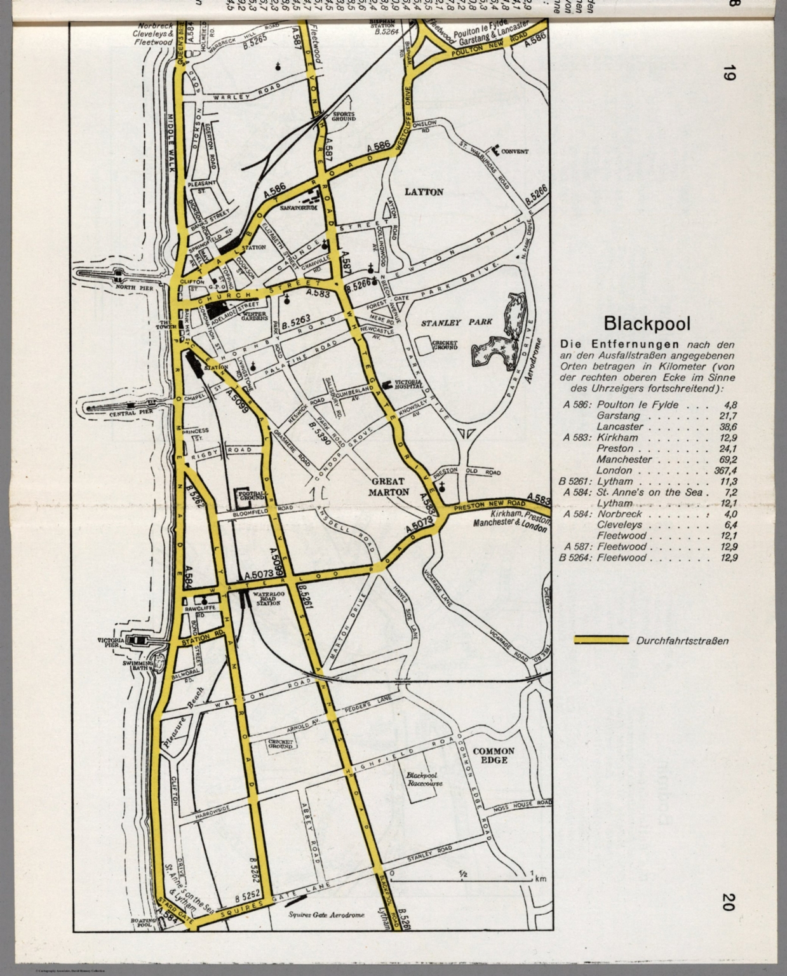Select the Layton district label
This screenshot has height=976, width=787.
(x=424, y=191)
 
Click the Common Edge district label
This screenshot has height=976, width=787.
(x=494, y=755)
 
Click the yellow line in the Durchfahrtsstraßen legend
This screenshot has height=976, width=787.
(x=600, y=640)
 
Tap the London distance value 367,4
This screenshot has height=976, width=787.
(x=724, y=470)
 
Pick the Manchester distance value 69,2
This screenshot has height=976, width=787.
(x=727, y=459)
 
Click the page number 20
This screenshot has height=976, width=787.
(x=729, y=902)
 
